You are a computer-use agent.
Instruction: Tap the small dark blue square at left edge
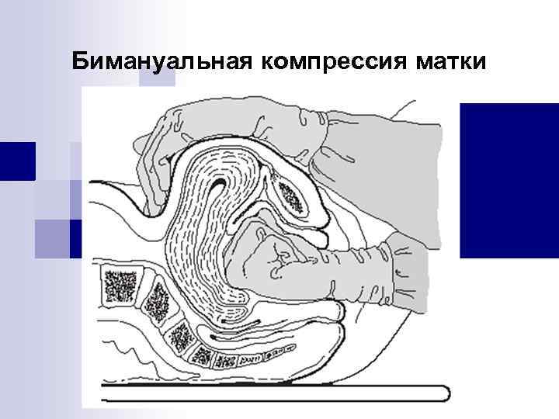coord(16,161)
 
